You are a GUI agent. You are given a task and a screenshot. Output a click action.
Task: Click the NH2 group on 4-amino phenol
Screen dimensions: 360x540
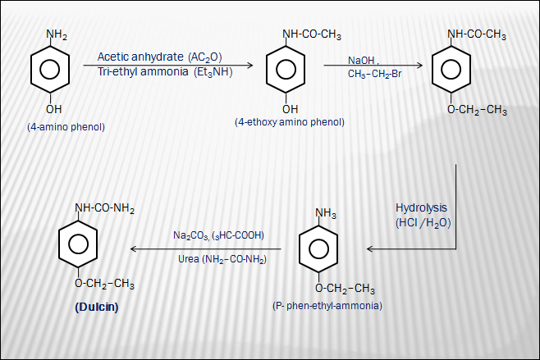(57, 34)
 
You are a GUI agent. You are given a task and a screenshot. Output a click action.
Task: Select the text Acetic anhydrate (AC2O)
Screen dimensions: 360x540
(159, 57)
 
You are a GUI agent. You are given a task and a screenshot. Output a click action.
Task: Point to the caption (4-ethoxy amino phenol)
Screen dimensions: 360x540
(289, 122)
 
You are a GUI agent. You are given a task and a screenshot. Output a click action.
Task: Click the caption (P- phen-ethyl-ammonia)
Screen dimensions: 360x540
(327, 305)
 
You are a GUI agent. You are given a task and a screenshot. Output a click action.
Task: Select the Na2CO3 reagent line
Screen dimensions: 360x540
(218, 235)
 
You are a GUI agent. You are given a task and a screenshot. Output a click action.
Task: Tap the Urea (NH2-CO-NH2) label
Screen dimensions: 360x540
(219, 259)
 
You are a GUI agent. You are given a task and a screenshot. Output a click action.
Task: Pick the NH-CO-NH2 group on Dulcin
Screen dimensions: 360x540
(103, 208)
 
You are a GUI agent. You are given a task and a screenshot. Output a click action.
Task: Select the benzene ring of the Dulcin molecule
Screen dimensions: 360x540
(79, 245)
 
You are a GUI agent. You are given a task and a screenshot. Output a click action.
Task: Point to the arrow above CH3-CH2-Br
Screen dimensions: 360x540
(373, 66)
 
